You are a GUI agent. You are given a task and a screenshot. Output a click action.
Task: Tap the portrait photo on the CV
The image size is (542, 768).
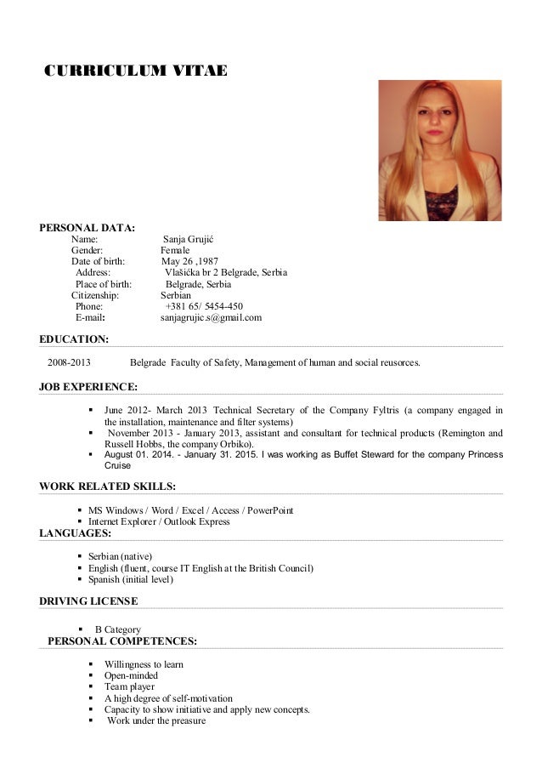click(x=439, y=151)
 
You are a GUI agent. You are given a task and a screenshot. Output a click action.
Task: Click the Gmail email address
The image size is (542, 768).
click(x=212, y=318)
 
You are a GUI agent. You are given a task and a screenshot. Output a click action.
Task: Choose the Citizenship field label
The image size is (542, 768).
click(x=95, y=295)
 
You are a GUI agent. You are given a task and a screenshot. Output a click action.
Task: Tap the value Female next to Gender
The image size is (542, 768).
click(x=176, y=250)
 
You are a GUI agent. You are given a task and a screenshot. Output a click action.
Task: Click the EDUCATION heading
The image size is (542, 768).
click(x=74, y=340)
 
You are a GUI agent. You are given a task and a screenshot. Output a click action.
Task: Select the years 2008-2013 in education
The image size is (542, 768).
click(x=69, y=363)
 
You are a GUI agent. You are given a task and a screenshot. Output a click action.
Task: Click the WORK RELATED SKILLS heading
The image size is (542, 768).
click(x=108, y=486)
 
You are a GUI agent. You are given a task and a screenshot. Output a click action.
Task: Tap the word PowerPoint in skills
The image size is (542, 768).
click(x=271, y=510)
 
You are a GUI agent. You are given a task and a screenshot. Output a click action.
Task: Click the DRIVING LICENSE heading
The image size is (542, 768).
click(x=88, y=601)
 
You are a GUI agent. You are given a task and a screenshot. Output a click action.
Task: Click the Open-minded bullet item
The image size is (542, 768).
click(x=131, y=675)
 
